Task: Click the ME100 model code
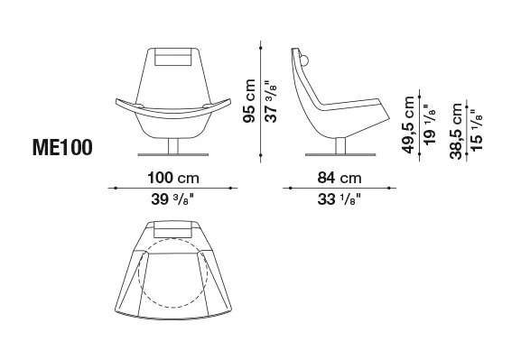62,147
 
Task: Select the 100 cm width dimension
173,178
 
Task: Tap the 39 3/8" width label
172,199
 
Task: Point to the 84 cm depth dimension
340,178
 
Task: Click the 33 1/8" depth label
339,199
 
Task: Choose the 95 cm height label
249,101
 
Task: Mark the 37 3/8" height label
271,101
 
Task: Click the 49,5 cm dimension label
408,125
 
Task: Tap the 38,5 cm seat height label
456,131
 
